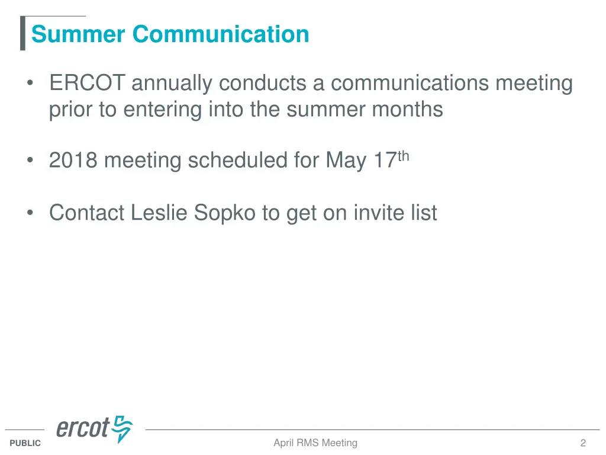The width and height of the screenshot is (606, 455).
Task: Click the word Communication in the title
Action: click(x=221, y=34)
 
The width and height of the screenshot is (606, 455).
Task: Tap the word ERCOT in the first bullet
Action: click(x=87, y=84)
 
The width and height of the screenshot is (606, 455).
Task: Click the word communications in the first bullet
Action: click(x=410, y=84)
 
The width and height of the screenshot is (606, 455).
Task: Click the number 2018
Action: click(x=73, y=161)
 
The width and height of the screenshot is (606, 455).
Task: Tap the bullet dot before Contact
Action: click(x=30, y=212)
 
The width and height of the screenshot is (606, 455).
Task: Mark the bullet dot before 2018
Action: click(x=30, y=161)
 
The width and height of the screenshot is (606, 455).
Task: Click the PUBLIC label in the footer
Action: click(x=25, y=443)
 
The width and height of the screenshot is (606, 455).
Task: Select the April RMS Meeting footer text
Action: click(x=315, y=443)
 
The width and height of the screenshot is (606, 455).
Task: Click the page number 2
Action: click(x=583, y=443)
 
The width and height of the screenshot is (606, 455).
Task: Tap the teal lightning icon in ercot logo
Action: click(x=123, y=428)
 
